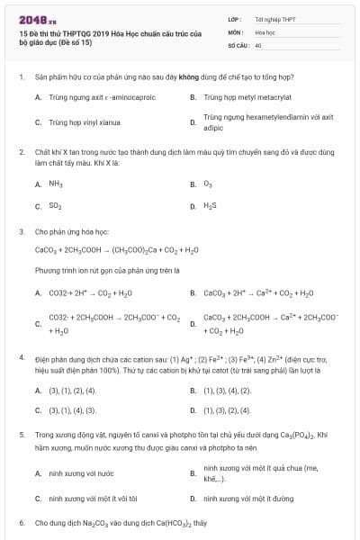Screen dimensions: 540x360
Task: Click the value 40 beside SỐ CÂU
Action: point(258,44)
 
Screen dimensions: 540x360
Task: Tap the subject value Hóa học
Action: point(265,31)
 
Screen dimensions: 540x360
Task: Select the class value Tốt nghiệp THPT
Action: point(274,19)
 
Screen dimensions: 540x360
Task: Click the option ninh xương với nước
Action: point(81,472)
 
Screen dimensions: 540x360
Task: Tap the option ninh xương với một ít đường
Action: point(248,498)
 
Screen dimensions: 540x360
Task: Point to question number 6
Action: point(20,522)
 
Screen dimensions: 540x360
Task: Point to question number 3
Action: point(20,231)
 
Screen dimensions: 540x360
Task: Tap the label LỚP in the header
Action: point(234,19)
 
